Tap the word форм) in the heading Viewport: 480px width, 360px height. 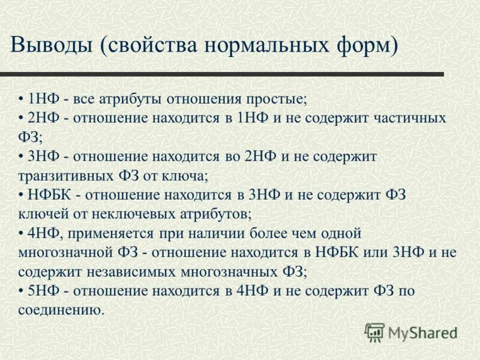coord(366,46)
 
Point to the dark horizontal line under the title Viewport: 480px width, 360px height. coord(222,74)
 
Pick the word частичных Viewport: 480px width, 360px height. coord(409,118)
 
